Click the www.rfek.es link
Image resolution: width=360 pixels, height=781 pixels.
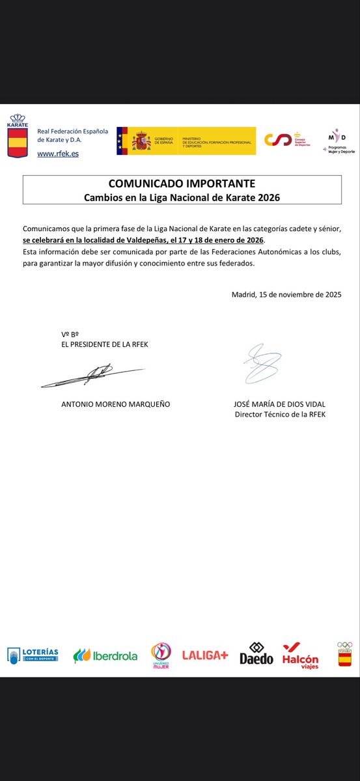[58, 154]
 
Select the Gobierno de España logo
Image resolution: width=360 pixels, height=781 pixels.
[186, 141]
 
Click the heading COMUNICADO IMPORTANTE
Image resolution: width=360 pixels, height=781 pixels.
[182, 184]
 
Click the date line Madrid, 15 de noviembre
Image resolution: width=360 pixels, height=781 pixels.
[286, 294]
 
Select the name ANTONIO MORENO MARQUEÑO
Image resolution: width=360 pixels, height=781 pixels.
[115, 404]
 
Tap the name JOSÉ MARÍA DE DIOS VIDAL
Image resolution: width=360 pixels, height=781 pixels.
[279, 404]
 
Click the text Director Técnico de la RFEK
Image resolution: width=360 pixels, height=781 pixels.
[279, 415]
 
